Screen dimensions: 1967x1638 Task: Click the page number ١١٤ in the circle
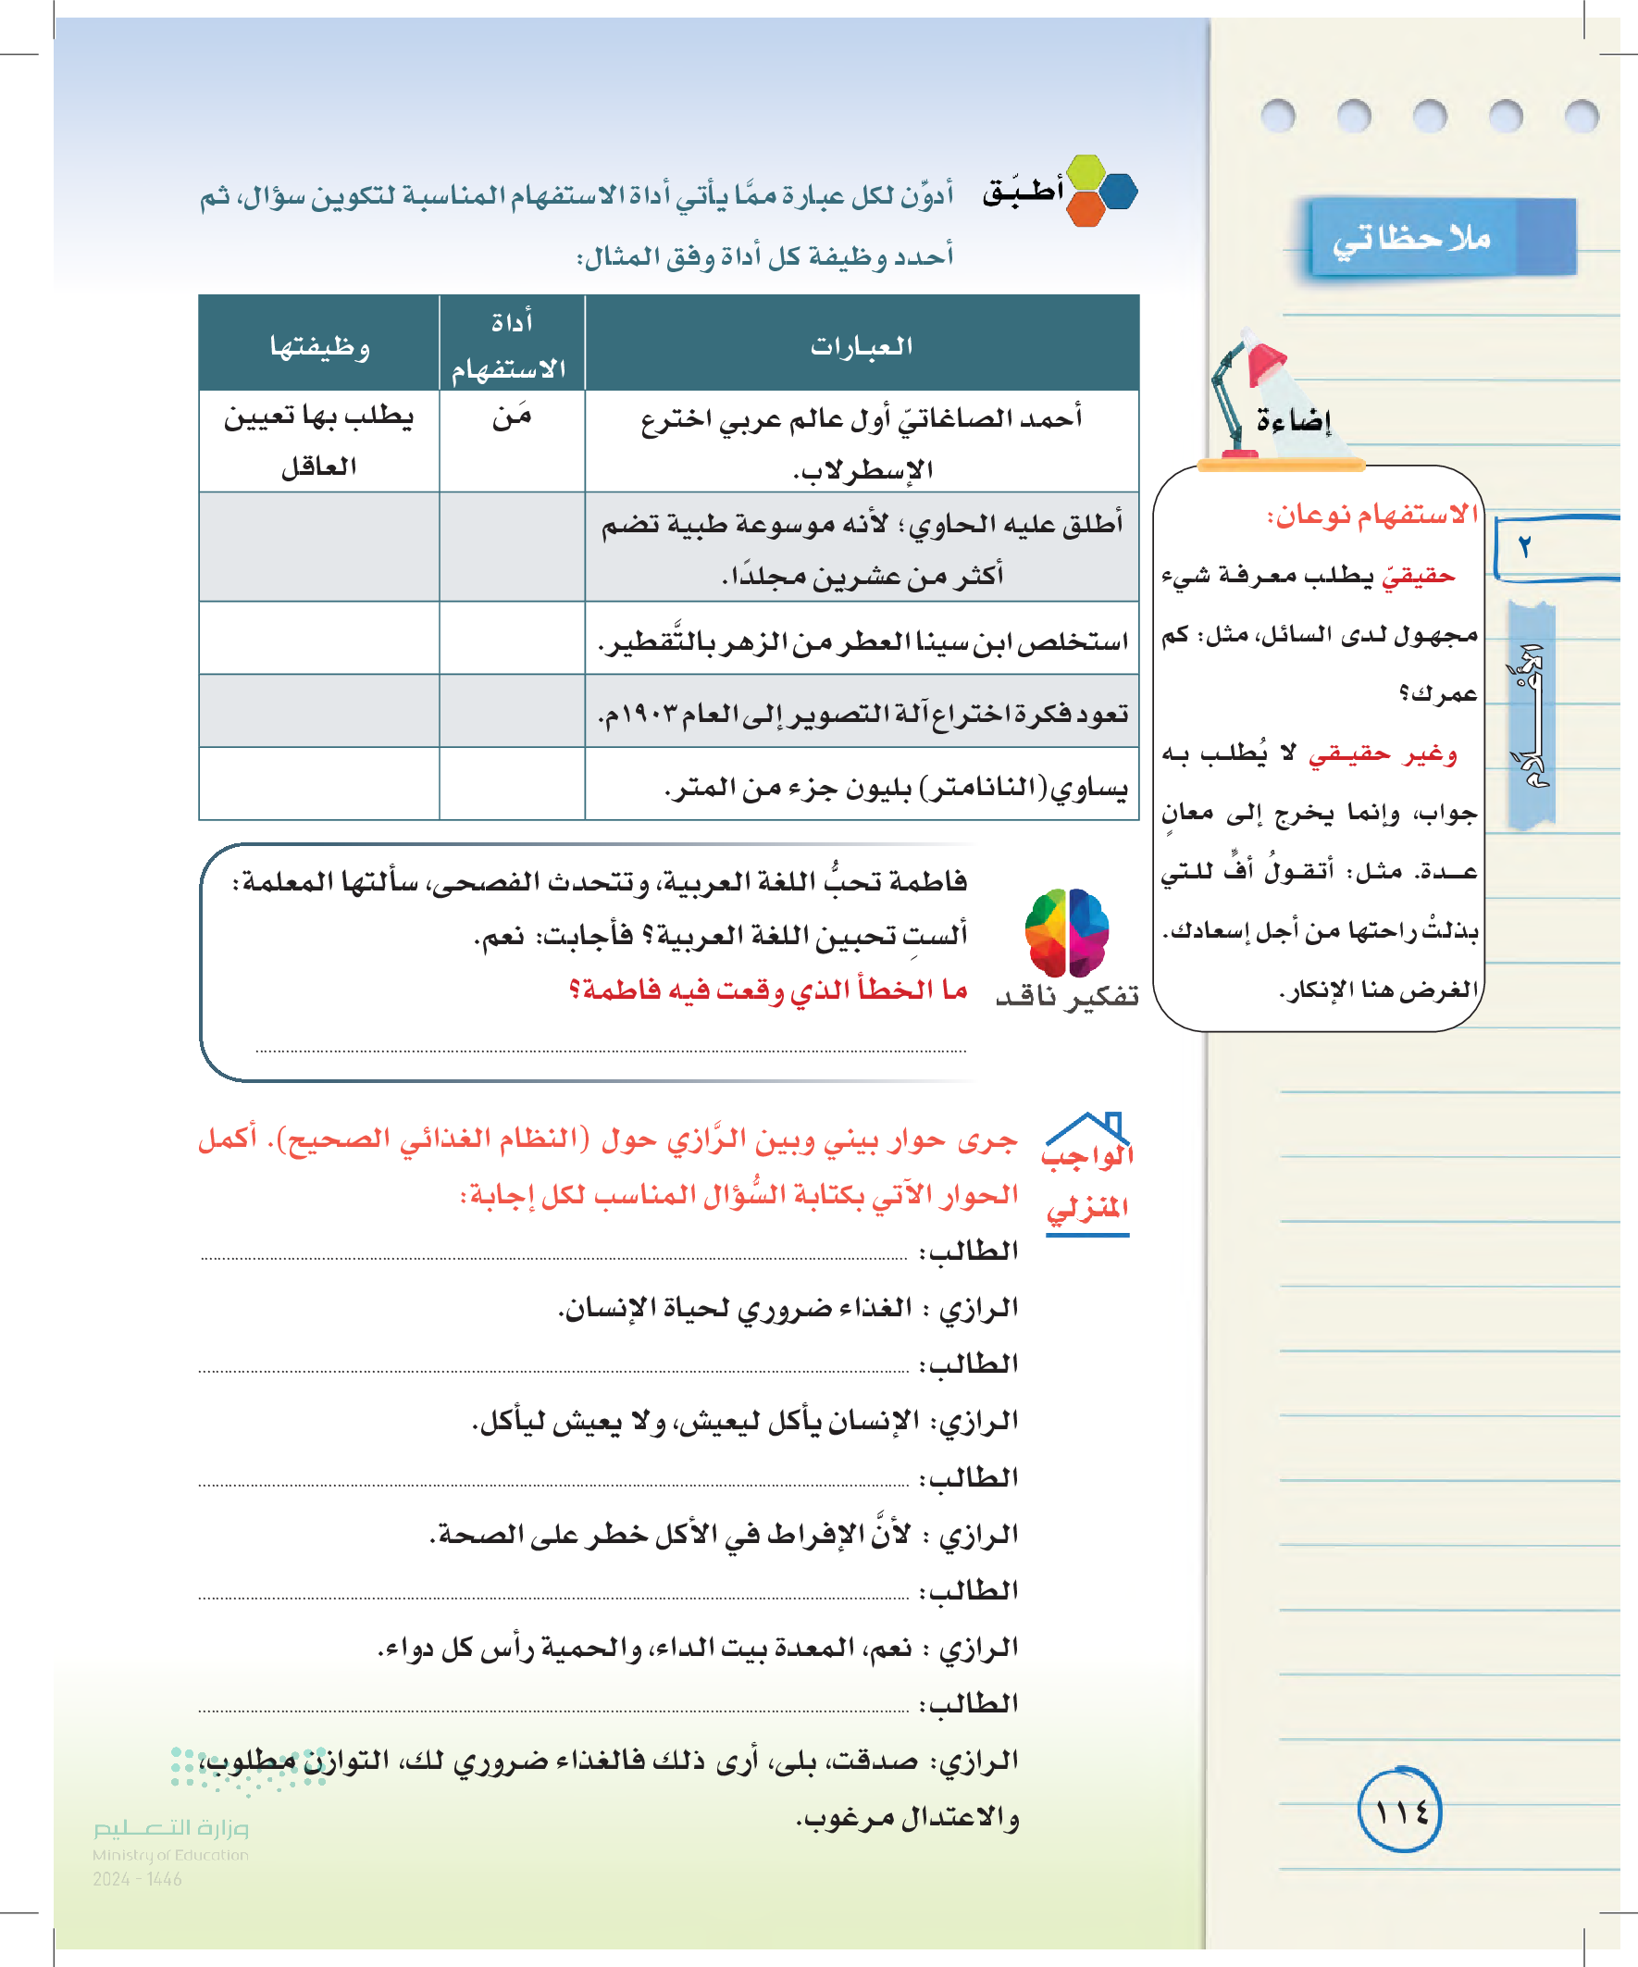pos(1400,1811)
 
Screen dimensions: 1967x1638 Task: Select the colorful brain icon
pos(1067,932)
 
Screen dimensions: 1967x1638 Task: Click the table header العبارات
pos(861,345)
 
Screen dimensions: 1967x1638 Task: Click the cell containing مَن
pos(513,417)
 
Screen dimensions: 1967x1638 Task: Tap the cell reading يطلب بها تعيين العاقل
pos(318,441)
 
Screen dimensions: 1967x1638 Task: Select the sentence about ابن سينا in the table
pos(862,641)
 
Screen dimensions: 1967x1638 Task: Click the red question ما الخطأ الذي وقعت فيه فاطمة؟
pos(768,990)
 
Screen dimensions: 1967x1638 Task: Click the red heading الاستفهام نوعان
pos(1371,516)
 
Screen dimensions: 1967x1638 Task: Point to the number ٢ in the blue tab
pos(1525,547)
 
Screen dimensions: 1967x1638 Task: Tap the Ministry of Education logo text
pos(170,1854)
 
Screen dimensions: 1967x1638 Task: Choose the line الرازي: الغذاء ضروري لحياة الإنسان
pos(787,1308)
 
